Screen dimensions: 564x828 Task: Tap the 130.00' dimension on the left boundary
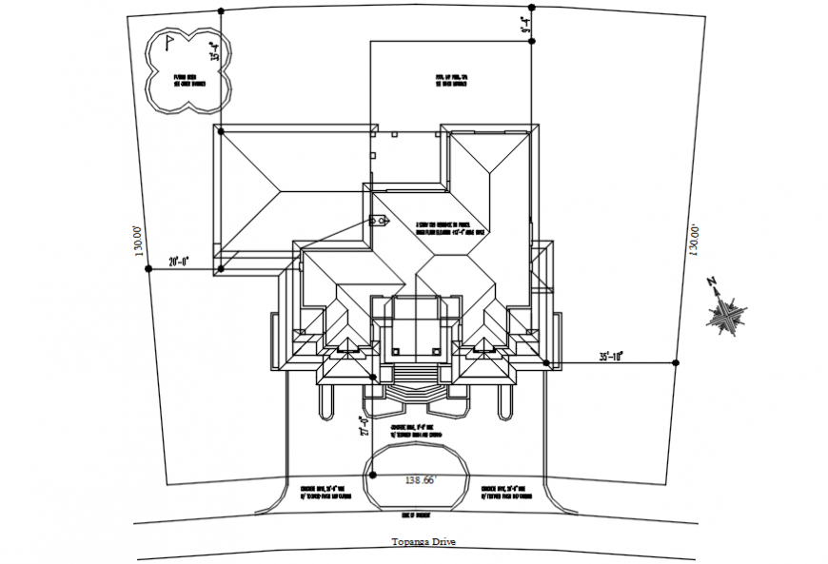139,242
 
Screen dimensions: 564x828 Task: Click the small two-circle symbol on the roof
381,219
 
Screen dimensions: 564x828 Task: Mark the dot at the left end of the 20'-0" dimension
148,269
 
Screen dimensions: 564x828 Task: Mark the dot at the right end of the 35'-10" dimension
675,363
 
